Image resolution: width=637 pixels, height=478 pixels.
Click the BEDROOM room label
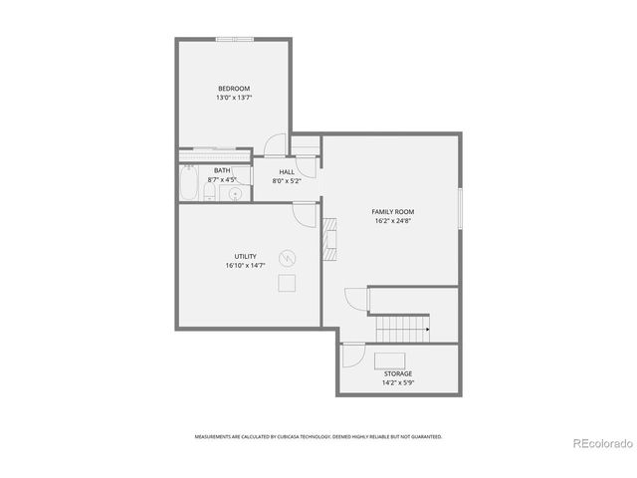(x=234, y=89)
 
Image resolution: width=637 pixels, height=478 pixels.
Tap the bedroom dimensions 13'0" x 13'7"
(x=234, y=98)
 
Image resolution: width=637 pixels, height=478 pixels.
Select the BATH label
(x=222, y=170)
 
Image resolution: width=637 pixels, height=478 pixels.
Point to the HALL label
(x=287, y=171)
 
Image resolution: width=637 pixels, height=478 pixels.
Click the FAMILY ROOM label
(x=393, y=212)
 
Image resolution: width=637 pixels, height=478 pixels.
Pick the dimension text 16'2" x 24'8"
(x=393, y=221)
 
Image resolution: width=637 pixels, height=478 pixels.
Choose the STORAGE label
(x=398, y=373)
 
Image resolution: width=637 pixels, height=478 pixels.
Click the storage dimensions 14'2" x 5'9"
(x=398, y=382)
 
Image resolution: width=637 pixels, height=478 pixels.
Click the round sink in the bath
(x=236, y=193)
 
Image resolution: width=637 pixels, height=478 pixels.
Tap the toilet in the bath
(x=210, y=192)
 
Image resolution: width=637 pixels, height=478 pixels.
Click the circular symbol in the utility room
(x=288, y=256)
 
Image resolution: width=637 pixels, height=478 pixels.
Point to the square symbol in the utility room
(x=287, y=284)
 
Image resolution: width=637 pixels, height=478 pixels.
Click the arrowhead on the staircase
(x=427, y=329)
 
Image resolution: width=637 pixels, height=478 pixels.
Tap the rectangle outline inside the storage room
(x=389, y=358)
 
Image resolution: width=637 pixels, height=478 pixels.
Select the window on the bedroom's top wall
(x=234, y=40)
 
